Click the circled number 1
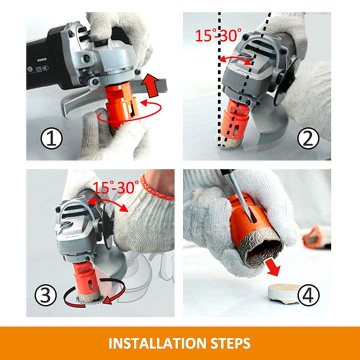pyautogui.click(x=51, y=138)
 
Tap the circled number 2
pyautogui.click(x=308, y=138)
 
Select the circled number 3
pyautogui.click(x=45, y=295)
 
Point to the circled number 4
pyautogui.click(x=308, y=295)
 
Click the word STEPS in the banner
pyautogui.click(x=230, y=343)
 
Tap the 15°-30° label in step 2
pyautogui.click(x=218, y=35)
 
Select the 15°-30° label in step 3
pyautogui.click(x=116, y=187)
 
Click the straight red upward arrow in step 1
pyautogui.click(x=150, y=85)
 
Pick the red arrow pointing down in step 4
pyautogui.click(x=273, y=267)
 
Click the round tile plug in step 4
pyautogui.click(x=283, y=294)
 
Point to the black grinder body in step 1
pyautogui.click(x=46, y=59)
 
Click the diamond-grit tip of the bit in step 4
pyautogui.click(x=261, y=248)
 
